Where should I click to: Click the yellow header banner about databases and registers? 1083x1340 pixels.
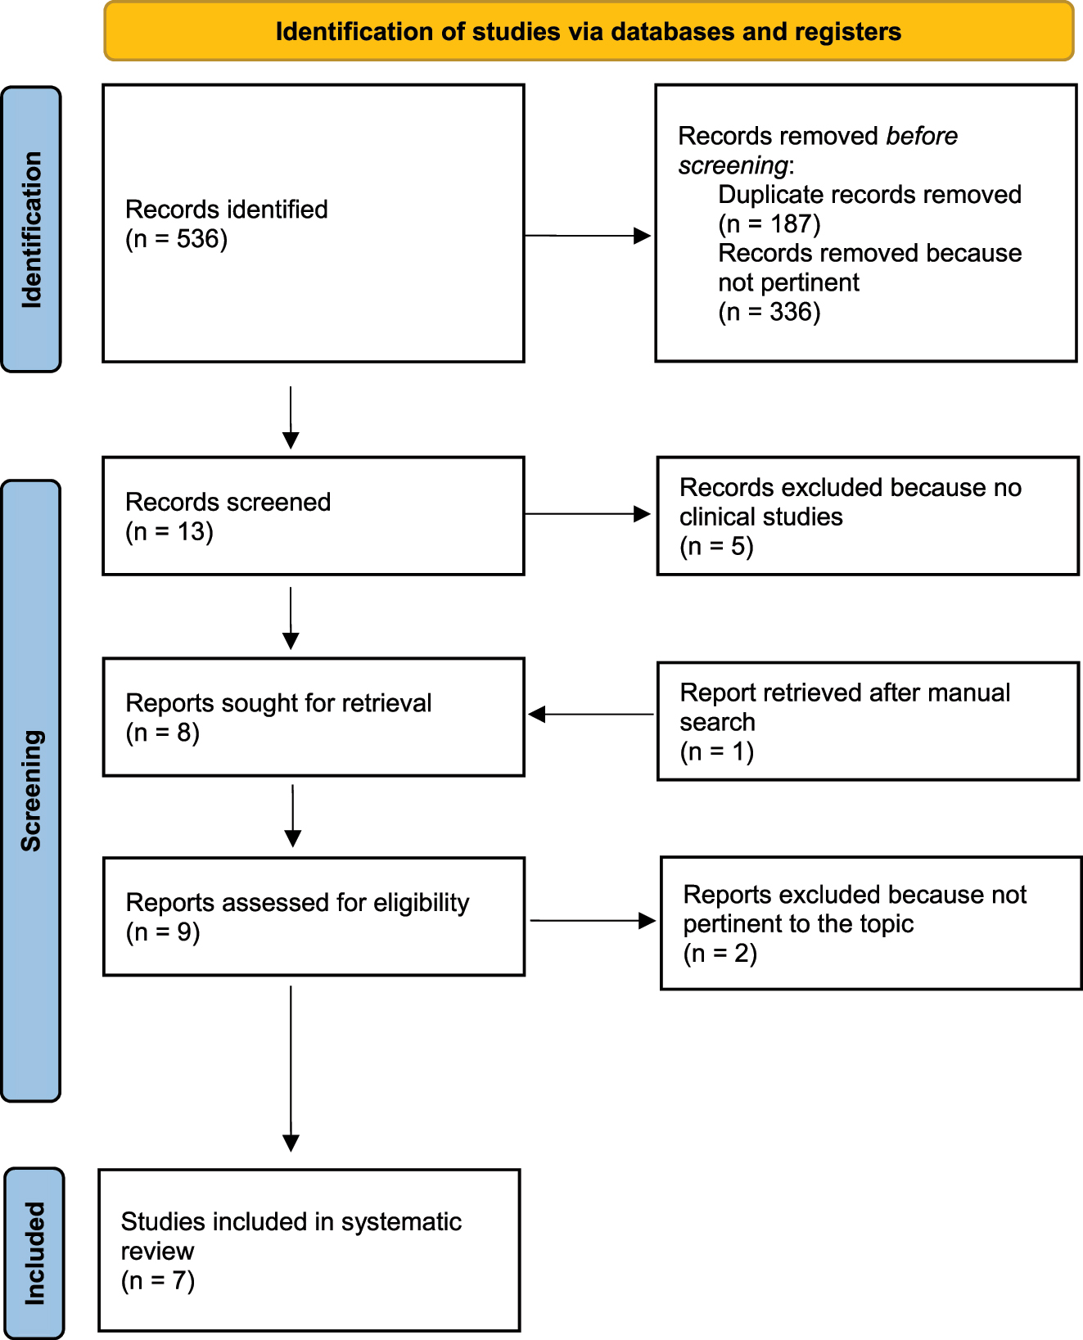pos(588,32)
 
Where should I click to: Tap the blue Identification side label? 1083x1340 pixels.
pos(31,229)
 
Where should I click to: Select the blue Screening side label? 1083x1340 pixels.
pos(31,790)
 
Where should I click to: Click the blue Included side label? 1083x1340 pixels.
pos(34,1252)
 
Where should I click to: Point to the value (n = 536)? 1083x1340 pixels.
pos(176,239)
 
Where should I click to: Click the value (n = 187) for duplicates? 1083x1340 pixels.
pos(769,224)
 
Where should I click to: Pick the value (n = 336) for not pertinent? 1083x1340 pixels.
pos(769,312)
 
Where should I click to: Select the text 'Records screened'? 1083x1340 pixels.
pos(228,502)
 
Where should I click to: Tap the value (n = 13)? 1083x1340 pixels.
pos(169,532)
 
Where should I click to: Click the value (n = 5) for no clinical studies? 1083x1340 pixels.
pos(715,546)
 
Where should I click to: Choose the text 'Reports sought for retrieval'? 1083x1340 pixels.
pos(278,703)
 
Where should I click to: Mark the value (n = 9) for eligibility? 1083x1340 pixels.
pos(162,932)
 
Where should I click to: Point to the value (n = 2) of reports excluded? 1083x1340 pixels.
pos(720,954)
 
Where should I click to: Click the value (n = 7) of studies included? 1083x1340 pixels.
pos(157,1280)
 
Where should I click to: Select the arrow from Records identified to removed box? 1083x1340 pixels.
pos(587,236)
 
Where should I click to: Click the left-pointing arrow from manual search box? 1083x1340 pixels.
pos(591,715)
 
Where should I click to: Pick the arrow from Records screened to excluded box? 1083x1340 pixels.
pos(587,514)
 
